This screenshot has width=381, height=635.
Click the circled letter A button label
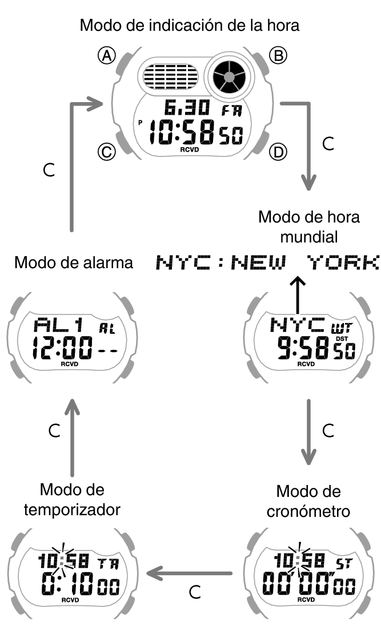[x=106, y=55]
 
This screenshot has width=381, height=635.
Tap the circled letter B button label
[x=278, y=55]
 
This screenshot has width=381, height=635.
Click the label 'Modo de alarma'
[x=74, y=262]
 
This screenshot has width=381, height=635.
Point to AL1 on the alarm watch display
[x=59, y=326]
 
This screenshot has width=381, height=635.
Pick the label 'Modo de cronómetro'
[x=308, y=500]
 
